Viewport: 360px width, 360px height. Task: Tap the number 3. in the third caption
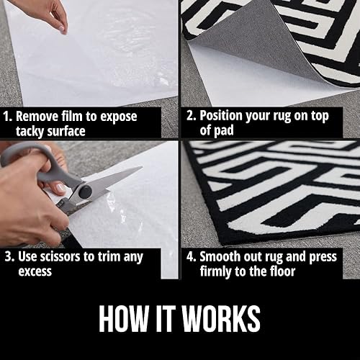tap(9, 256)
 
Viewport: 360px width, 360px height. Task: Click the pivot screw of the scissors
tap(85, 191)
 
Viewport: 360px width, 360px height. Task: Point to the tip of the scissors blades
tap(140, 170)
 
